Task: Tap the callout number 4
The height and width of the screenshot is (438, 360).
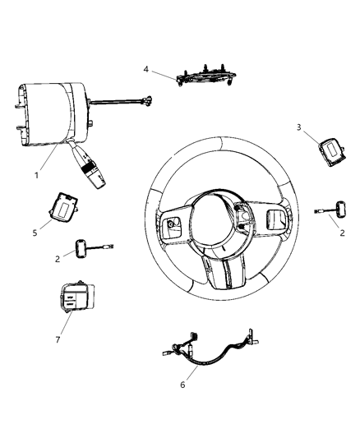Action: click(x=145, y=70)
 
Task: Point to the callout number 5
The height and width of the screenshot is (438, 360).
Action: click(x=35, y=233)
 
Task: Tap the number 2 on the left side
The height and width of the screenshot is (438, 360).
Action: click(x=57, y=257)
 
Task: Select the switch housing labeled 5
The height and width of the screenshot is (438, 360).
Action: click(x=62, y=207)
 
